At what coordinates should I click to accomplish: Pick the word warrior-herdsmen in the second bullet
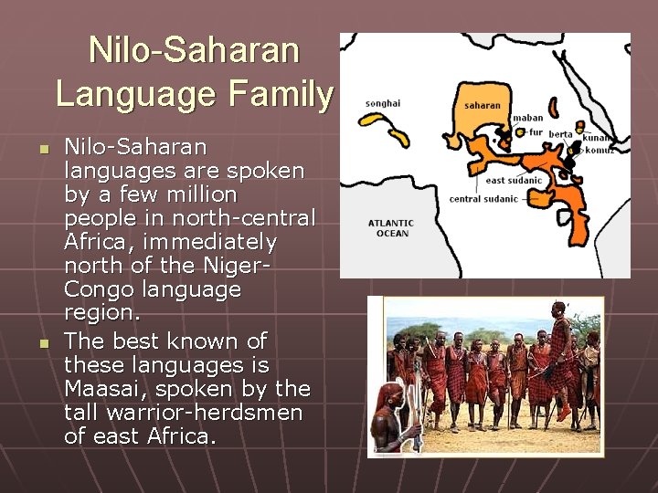(209, 413)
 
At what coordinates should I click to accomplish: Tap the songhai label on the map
(382, 103)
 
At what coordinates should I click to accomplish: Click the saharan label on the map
(482, 105)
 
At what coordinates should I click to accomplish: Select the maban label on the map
(527, 118)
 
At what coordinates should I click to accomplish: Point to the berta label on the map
(560, 134)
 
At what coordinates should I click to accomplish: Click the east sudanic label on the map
(513, 181)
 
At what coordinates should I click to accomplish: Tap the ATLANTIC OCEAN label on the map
(390, 228)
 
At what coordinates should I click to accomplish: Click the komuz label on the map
(598, 150)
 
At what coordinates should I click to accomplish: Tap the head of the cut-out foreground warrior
(391, 394)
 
